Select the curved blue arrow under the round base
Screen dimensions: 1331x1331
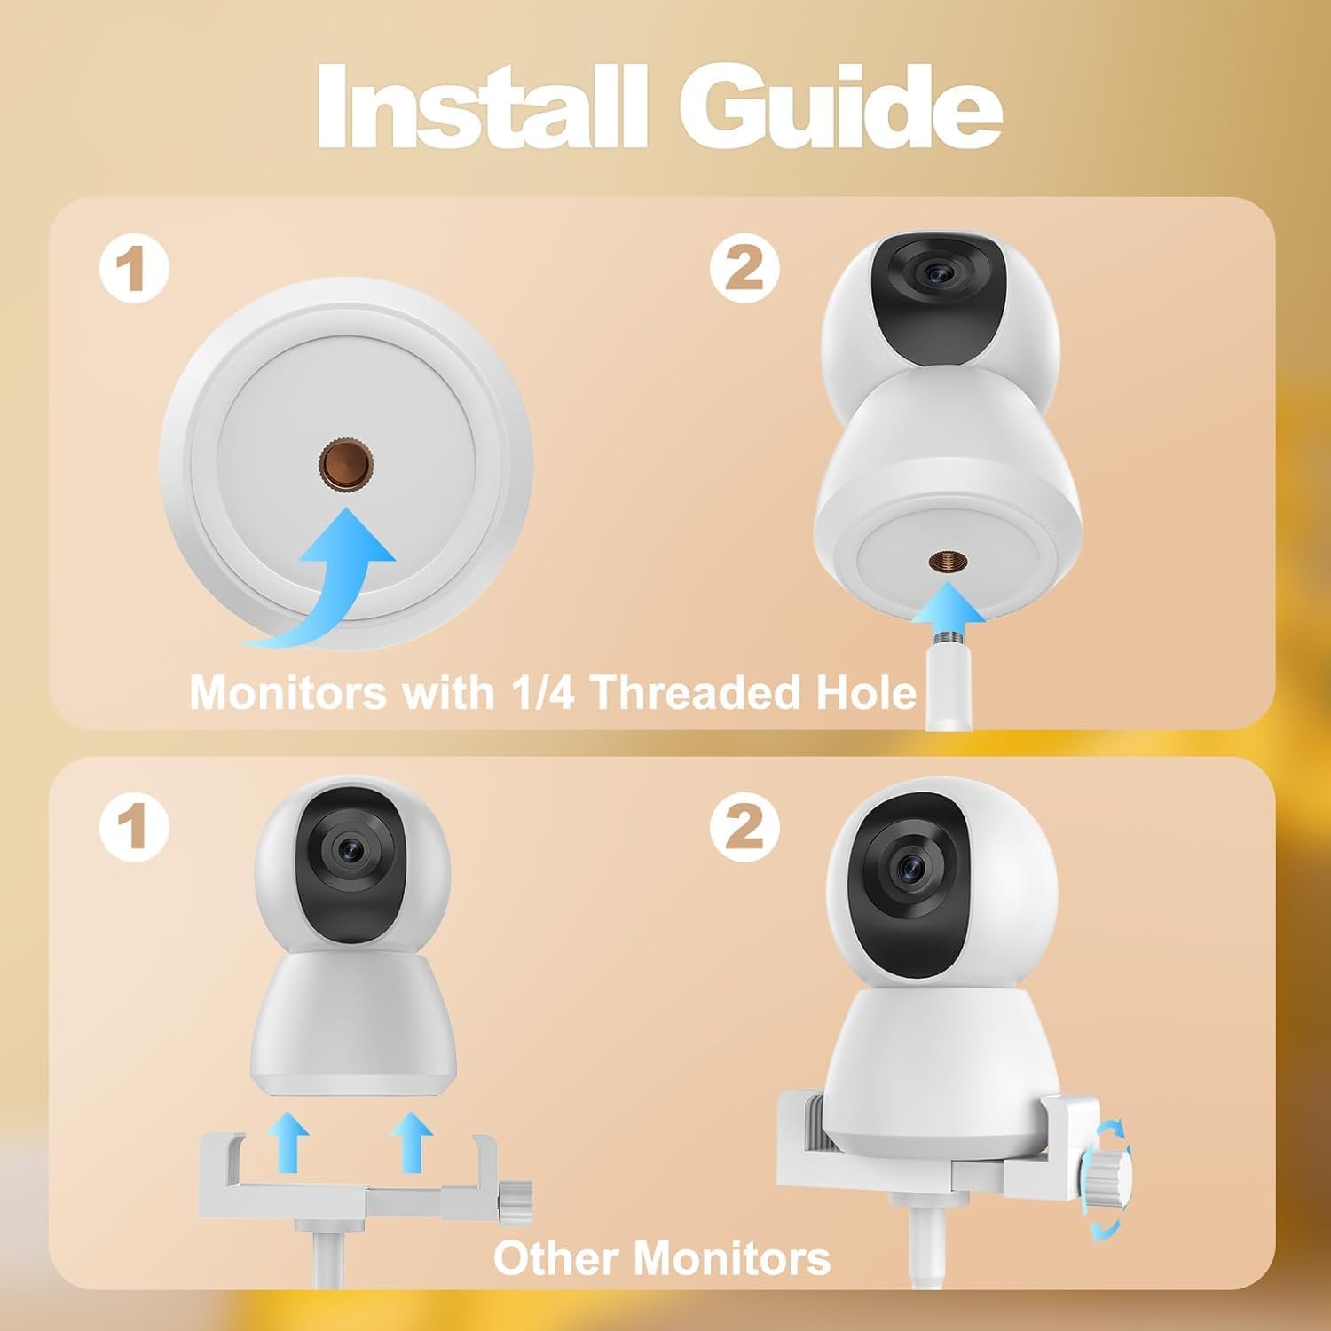tap(324, 578)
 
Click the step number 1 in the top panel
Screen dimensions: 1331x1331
tap(133, 268)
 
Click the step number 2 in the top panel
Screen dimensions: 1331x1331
tap(744, 268)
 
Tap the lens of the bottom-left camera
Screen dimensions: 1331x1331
tap(347, 848)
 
